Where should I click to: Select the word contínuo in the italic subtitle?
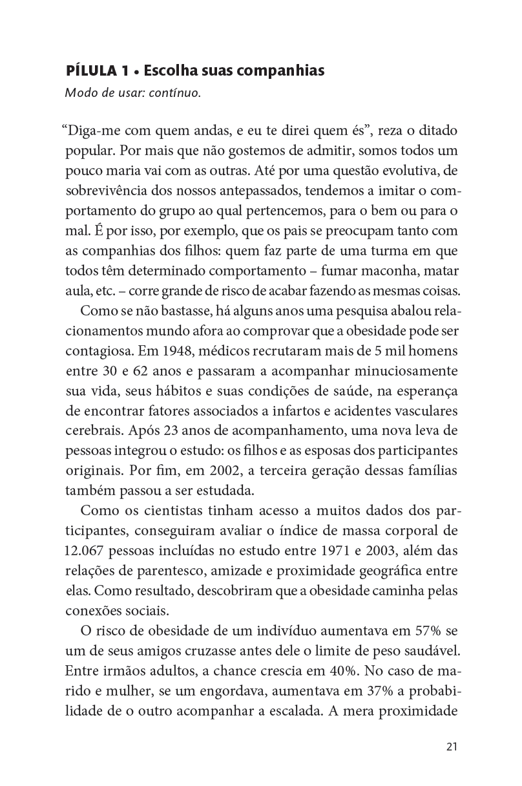pyautogui.click(x=176, y=92)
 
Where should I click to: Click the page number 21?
pyautogui.click(x=452, y=747)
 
